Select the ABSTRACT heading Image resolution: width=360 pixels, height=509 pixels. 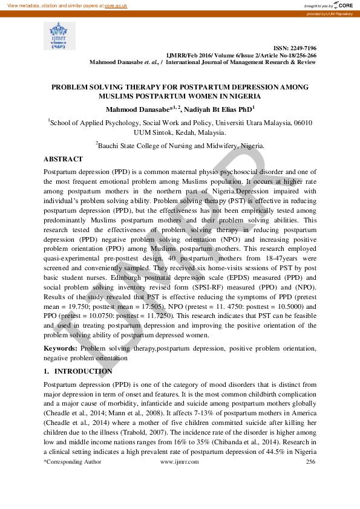point(63,159)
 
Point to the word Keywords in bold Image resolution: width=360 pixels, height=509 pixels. point(60,349)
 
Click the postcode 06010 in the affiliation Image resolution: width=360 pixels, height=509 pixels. point(302,122)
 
